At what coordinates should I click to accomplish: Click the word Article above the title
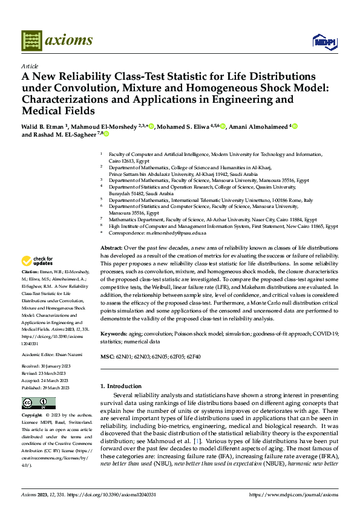[x=30, y=66]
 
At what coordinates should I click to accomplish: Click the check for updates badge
[x=37, y=261]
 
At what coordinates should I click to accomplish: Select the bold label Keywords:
[x=114, y=334]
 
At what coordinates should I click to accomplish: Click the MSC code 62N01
[x=125, y=356]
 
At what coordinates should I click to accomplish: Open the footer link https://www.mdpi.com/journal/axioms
[x=289, y=494]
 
